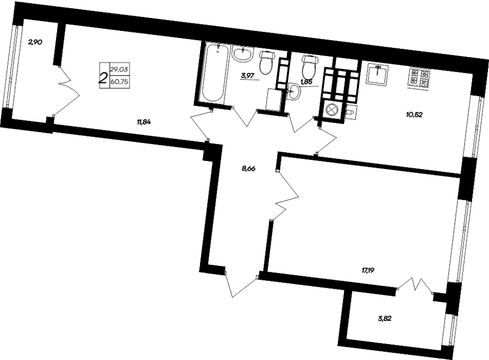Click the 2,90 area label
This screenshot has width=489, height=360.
(35, 42)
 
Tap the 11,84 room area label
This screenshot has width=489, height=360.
(144, 122)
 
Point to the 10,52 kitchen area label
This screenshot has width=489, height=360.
(414, 115)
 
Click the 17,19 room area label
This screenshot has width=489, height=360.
(368, 270)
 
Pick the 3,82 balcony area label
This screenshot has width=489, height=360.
(384, 319)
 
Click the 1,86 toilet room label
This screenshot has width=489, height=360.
(306, 82)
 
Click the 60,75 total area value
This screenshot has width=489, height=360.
(120, 82)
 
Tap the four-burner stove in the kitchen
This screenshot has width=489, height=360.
(419, 78)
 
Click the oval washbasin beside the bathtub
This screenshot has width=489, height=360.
(242, 54)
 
